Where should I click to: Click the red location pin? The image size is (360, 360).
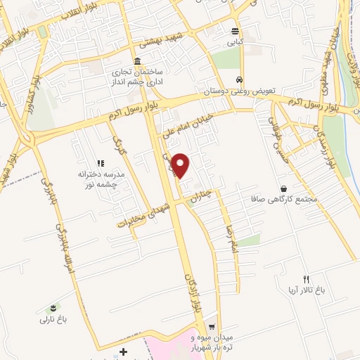tap(181, 165)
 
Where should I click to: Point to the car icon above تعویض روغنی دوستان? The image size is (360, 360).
tap(240, 79)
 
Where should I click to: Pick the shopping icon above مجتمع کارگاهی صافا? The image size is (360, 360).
tap(283, 188)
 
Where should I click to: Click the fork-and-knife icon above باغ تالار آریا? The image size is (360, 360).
tap(305, 278)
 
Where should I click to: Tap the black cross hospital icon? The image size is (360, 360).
tap(124, 351)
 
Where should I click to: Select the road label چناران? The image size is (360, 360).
tap(202, 193)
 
